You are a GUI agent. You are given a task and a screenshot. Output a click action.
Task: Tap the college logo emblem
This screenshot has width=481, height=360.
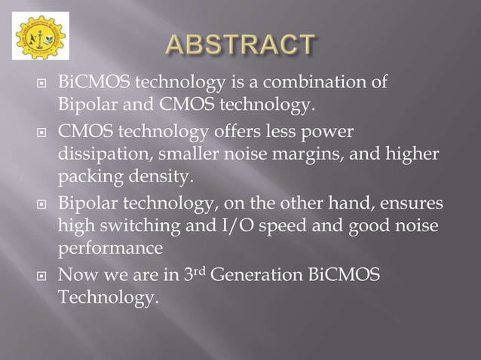point(40,35)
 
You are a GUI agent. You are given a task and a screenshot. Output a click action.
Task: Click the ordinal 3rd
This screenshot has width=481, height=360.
point(194,276)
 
